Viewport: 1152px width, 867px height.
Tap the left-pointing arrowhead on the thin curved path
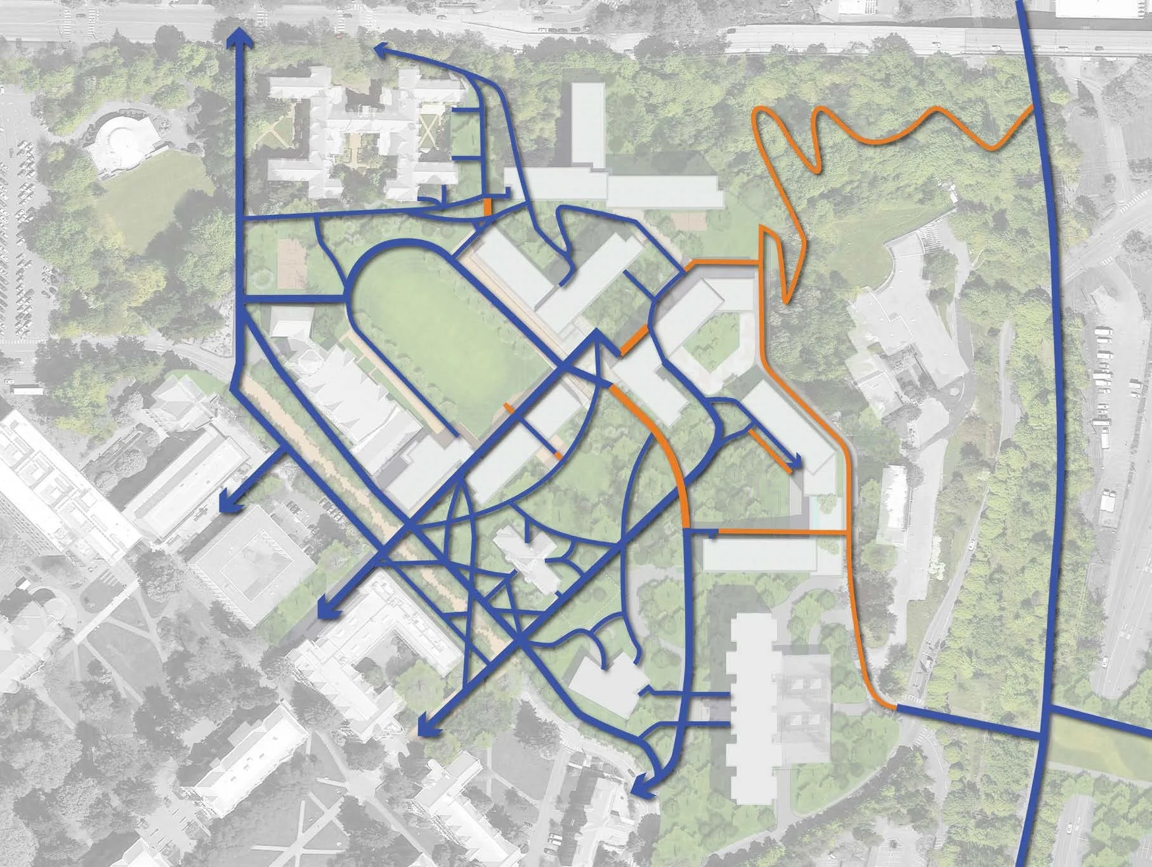click(x=383, y=51)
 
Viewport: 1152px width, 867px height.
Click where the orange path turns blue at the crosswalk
click(x=896, y=706)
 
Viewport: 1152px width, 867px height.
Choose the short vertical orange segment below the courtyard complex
click(x=487, y=207)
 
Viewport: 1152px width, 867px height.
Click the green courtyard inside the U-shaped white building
click(x=710, y=346)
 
